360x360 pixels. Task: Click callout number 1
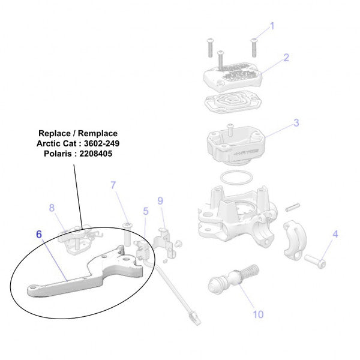(x=271, y=26)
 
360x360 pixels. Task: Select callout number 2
(x=286, y=58)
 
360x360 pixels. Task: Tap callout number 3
(x=296, y=123)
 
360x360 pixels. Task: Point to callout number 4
(x=335, y=234)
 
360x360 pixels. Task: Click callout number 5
(x=145, y=211)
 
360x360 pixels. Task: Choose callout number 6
(x=39, y=234)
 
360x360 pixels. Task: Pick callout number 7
(x=113, y=185)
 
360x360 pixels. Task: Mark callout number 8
(x=52, y=208)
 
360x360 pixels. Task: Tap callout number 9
(x=160, y=200)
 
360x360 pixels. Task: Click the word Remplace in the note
(x=98, y=133)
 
